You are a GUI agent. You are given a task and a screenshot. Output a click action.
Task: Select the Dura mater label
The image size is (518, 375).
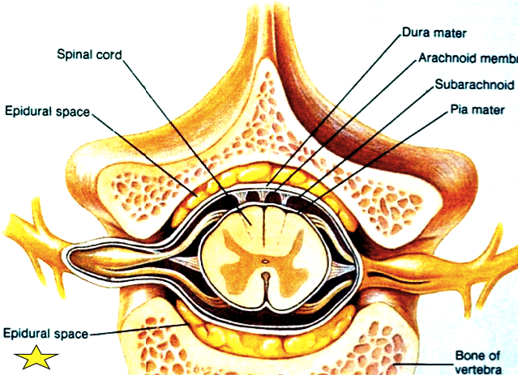coord(436,36)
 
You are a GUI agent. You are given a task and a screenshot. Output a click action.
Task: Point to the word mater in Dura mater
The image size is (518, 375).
coord(453,36)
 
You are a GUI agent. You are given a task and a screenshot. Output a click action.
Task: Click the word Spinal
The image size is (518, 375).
coord(75,56)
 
